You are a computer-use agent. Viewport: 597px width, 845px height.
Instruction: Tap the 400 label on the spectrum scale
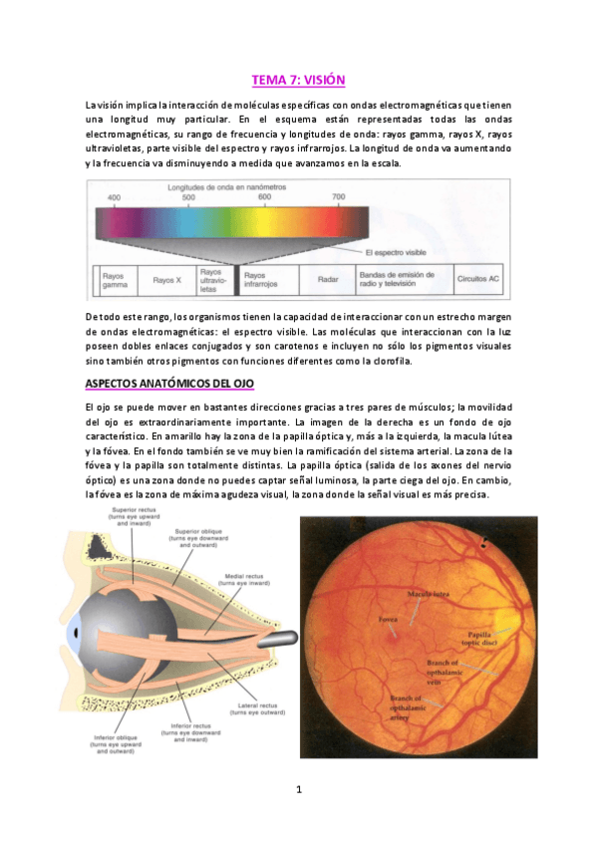115,197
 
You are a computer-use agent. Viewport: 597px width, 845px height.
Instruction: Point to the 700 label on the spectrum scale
339,197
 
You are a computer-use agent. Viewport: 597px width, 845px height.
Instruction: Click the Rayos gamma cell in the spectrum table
115,280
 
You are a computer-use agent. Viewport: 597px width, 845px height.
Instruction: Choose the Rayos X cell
166,280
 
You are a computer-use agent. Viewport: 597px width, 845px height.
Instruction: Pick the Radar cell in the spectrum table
328,280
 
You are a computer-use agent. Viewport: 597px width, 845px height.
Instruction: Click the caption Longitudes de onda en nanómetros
212,186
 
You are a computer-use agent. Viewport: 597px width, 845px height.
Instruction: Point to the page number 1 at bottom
298,789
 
